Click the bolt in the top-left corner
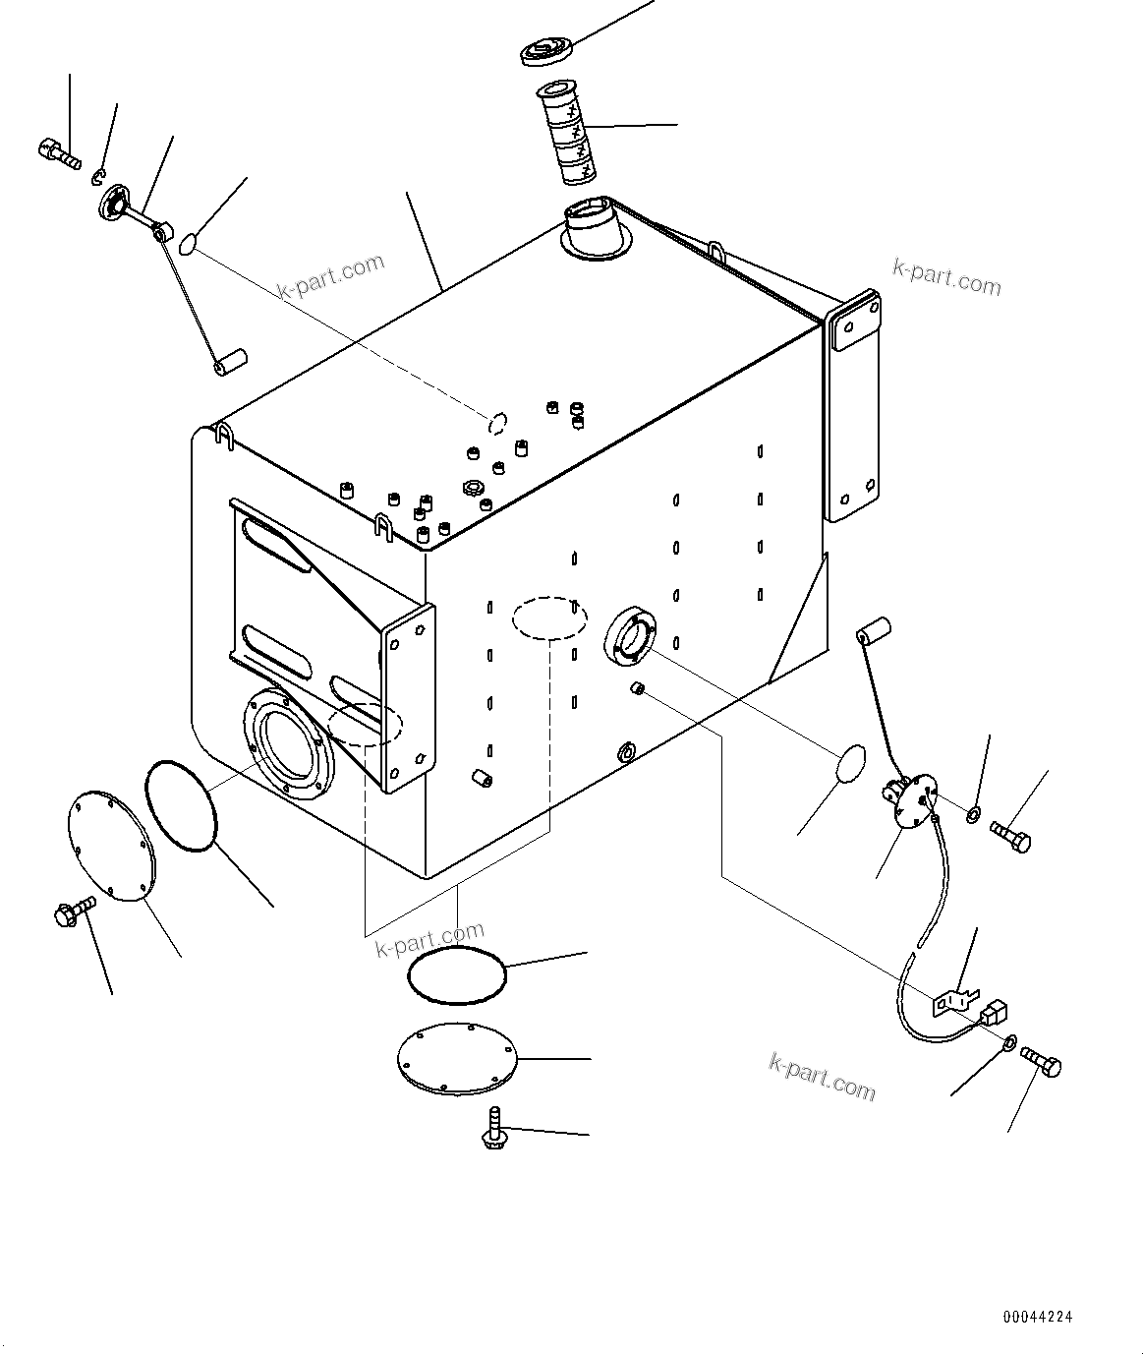(x=59, y=153)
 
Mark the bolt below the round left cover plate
(x=73, y=913)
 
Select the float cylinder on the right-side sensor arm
(x=873, y=629)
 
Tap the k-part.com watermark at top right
(x=946, y=277)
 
